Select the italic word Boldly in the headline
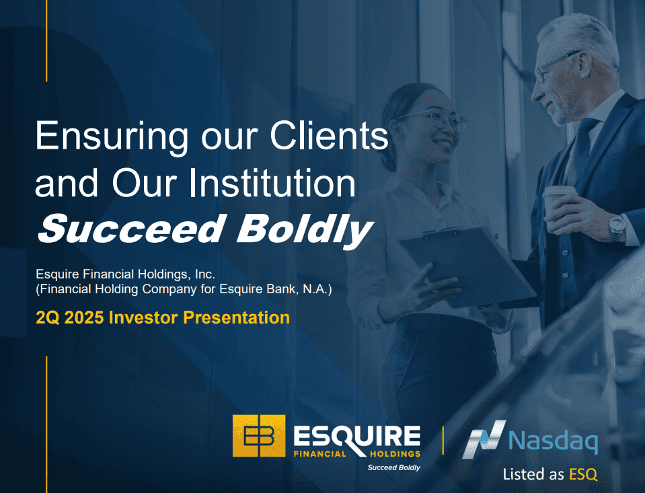305,229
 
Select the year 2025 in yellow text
84,317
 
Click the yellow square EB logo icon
259,436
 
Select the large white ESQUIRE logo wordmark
357,437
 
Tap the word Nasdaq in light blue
553,441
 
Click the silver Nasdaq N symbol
484,439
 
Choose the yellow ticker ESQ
583,474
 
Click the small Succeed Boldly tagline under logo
393,467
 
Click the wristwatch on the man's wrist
617,228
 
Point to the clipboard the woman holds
467,265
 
